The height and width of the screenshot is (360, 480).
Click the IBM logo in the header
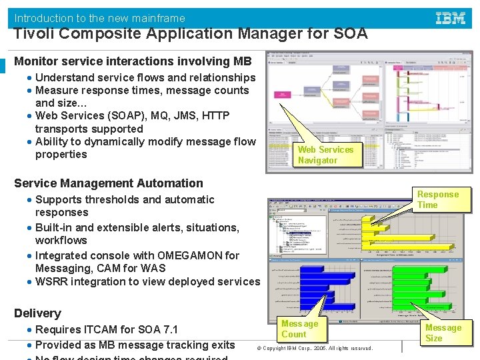[x=451, y=19]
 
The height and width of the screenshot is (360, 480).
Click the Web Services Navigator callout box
[x=325, y=155]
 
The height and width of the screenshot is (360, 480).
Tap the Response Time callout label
[x=438, y=199]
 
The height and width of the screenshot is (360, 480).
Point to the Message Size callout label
[x=443, y=333]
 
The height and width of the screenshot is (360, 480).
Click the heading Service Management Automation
[x=109, y=183]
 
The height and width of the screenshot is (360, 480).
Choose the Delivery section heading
[x=37, y=313]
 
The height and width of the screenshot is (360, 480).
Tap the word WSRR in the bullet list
[x=52, y=281]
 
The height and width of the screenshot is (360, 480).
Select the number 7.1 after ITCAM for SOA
[x=170, y=329]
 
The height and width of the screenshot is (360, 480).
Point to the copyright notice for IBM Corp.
[x=317, y=349]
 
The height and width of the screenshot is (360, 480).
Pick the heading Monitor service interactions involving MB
[x=133, y=61]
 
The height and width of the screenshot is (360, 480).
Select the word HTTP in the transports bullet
[x=216, y=116]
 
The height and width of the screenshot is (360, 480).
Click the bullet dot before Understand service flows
[x=30, y=78]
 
